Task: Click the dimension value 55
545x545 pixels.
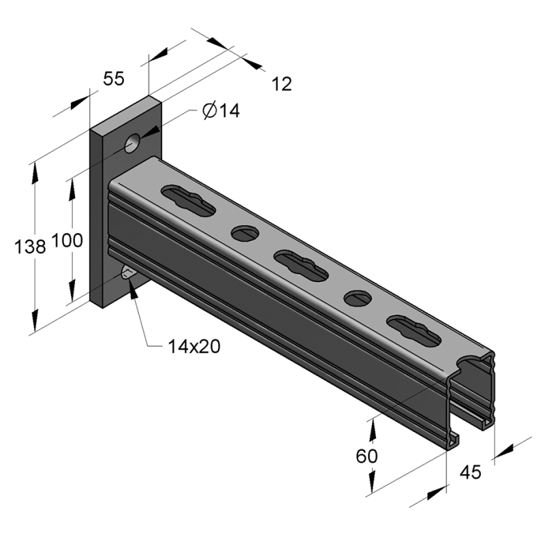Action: (x=114, y=78)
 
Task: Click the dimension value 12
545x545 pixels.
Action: (x=281, y=84)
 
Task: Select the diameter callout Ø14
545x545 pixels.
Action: (x=221, y=111)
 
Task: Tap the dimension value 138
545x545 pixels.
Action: (x=31, y=247)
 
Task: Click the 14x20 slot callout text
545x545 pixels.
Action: (x=194, y=346)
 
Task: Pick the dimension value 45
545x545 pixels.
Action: (x=471, y=471)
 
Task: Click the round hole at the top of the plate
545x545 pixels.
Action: (x=132, y=143)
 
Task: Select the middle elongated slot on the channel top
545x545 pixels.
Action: (x=300, y=265)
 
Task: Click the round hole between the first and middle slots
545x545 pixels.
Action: (x=245, y=234)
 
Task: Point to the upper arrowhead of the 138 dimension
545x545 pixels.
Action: (x=33, y=171)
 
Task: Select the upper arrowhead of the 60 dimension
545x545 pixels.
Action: (x=373, y=424)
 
